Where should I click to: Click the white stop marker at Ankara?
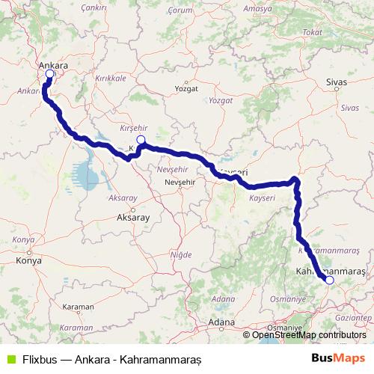tap(49, 74)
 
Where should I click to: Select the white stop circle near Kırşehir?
tap(141, 139)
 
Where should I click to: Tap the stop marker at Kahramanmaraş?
tap(329, 280)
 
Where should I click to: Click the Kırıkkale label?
tap(109, 78)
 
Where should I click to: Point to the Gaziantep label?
tap(352, 318)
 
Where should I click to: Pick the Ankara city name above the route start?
tap(53, 66)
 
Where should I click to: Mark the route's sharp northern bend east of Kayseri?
tap(295, 180)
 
